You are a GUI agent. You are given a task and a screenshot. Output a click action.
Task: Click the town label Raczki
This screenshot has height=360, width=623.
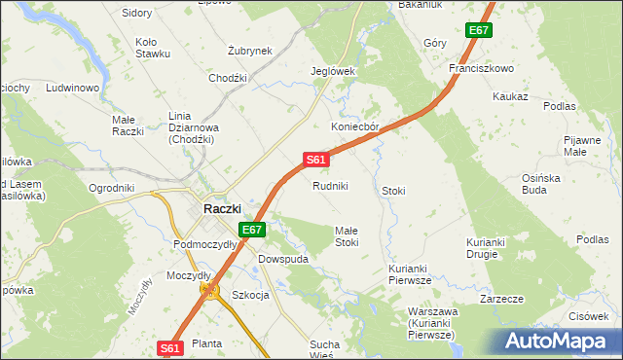(x=222, y=208)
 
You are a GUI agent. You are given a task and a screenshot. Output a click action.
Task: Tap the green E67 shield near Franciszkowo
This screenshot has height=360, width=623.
(x=478, y=31)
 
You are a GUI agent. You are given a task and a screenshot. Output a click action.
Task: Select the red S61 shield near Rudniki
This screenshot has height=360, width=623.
(x=314, y=159)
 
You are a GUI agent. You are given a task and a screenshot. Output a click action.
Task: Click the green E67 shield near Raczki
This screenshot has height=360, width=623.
(x=252, y=230)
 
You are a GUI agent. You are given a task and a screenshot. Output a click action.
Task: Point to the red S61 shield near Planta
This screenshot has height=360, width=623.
(x=169, y=347)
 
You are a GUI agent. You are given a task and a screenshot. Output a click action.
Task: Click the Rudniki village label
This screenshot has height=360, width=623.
(x=330, y=186)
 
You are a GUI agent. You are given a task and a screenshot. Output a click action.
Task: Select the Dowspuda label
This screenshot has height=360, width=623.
(x=282, y=260)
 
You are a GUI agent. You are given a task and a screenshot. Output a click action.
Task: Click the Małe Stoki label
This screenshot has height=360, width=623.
(x=353, y=235)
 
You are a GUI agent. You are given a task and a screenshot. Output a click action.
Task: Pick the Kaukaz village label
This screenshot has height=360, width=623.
(x=510, y=97)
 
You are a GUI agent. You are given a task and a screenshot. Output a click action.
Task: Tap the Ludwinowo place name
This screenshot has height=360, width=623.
(x=74, y=89)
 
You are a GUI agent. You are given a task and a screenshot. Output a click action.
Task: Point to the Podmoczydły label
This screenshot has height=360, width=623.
(x=204, y=244)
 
